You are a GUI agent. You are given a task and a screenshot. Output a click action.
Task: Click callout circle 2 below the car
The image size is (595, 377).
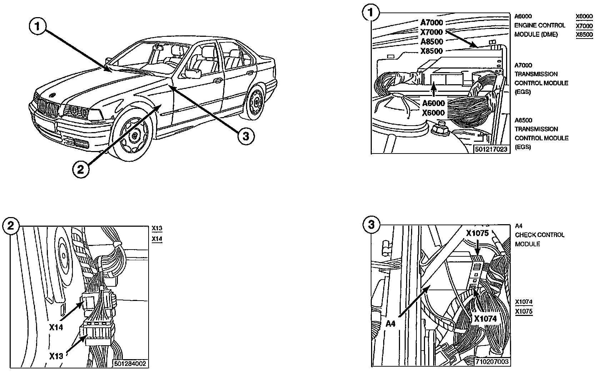(x=81, y=169)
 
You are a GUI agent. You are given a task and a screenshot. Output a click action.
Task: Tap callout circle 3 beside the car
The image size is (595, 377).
(x=246, y=136)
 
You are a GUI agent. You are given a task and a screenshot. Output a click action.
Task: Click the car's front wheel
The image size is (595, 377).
(x=134, y=134)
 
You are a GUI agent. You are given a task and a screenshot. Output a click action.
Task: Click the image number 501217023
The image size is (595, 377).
(x=491, y=149)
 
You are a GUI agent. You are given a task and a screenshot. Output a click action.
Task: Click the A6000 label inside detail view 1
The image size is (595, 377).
(x=434, y=104)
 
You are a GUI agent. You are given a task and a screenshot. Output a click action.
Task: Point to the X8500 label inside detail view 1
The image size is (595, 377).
(x=432, y=51)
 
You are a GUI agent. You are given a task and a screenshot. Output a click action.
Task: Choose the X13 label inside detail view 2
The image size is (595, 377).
(x=56, y=356)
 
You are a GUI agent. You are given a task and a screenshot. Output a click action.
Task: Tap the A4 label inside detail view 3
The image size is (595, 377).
(x=391, y=324)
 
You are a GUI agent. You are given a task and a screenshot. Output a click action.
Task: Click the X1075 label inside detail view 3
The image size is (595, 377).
(x=477, y=233)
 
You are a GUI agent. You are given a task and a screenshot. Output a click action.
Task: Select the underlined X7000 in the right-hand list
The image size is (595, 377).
(x=584, y=25)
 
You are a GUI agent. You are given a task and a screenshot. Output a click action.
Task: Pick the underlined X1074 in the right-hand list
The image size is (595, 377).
(x=524, y=302)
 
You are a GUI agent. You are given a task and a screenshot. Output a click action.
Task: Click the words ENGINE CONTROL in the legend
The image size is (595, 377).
(x=540, y=25)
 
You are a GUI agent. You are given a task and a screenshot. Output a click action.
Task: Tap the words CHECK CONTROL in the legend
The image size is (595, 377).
(x=539, y=235)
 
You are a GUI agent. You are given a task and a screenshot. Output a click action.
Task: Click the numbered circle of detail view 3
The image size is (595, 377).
(x=371, y=225)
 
